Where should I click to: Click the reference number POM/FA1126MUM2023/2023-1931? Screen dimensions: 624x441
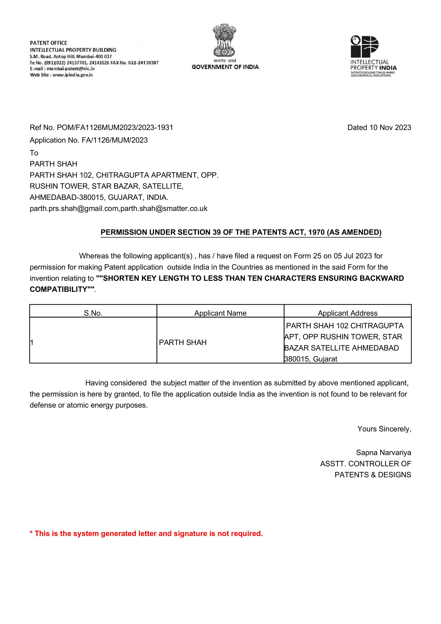[x=115, y=128]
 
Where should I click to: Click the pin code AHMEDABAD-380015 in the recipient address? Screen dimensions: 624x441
[x=67, y=197]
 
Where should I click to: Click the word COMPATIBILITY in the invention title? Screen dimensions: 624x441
[x=58, y=290]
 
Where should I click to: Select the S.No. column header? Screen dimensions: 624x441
[x=93, y=313]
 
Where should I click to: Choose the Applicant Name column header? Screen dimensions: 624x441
[x=220, y=313]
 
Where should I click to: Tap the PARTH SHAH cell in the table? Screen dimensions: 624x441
[x=183, y=342]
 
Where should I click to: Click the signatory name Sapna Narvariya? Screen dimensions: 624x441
[x=383, y=453]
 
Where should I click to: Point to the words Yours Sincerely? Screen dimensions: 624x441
[x=384, y=429]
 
